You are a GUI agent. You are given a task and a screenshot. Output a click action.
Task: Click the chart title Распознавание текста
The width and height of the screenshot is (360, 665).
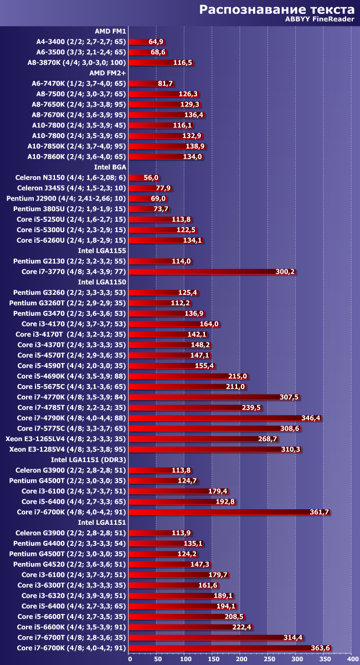pos(276,9)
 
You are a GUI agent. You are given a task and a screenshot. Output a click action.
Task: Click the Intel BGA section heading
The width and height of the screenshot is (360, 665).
pos(110,166)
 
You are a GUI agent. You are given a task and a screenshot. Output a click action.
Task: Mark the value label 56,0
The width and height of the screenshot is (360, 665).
pos(151,177)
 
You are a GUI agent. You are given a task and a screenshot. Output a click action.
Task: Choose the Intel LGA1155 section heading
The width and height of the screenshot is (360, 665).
pos(102,250)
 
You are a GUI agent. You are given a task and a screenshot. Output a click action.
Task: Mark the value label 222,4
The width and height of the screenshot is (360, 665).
pos(242,627)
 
